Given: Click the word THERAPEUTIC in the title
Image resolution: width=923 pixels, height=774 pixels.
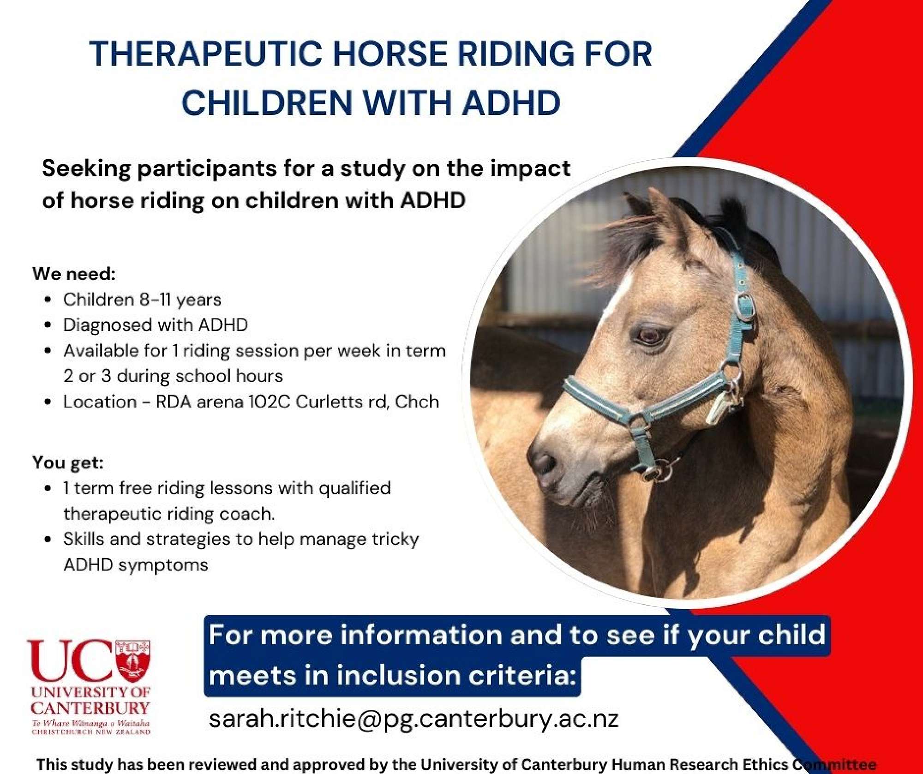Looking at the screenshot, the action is [x=205, y=54].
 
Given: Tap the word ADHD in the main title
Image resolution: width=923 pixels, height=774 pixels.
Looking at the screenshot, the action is [x=511, y=102].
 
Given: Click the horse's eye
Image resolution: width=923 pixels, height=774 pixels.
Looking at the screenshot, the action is [x=652, y=335].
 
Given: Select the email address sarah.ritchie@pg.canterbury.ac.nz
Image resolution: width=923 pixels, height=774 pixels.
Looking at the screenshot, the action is [x=414, y=719].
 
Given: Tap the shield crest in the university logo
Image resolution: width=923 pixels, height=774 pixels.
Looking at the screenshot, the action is [x=133, y=660].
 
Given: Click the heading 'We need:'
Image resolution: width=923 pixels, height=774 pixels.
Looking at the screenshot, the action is [x=74, y=274].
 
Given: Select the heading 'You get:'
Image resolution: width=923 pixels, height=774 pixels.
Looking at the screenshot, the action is [x=68, y=462].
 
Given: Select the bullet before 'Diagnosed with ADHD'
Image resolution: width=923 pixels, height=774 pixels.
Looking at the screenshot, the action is [x=48, y=325].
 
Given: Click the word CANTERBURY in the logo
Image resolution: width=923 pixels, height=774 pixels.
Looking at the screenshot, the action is [x=90, y=708].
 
